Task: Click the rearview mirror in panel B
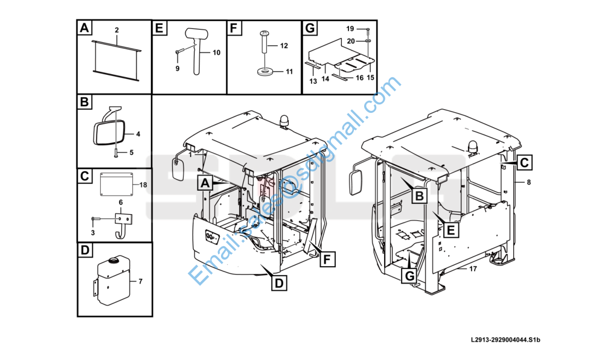109,132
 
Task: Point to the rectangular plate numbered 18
117,185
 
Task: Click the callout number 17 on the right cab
473,268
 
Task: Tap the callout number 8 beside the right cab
529,182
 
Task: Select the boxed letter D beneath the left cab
279,283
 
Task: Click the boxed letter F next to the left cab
327,259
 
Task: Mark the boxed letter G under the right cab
409,276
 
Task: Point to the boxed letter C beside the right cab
524,162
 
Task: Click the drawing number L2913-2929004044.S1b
505,340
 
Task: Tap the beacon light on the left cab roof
284,121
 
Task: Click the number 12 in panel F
284,46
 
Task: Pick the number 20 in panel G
351,41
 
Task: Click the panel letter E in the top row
159,28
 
